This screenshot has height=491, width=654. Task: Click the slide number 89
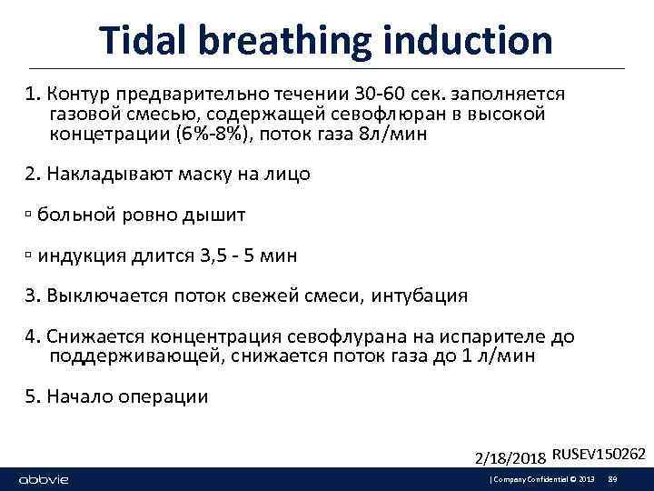tap(612, 479)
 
